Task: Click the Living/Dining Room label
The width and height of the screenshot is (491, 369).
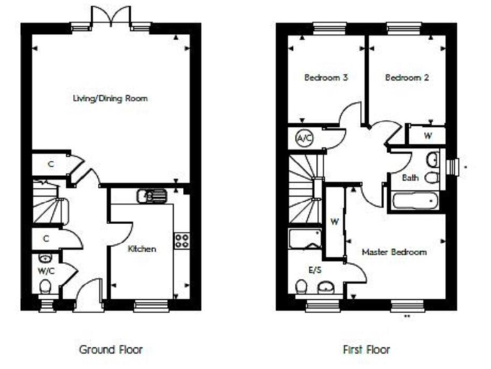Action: tap(110, 99)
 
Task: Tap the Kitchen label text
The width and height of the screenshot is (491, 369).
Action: tap(141, 249)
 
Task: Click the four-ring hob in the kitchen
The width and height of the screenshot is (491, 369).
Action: tap(182, 240)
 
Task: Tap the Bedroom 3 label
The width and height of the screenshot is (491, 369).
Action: tap(325, 78)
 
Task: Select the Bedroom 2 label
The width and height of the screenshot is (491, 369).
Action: tap(407, 78)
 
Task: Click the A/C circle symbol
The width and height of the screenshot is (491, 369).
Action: tap(302, 137)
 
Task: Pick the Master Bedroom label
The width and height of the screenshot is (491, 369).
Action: tap(394, 252)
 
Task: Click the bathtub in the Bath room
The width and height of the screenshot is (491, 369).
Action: tap(416, 202)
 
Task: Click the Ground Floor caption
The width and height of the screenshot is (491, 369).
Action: tap(111, 350)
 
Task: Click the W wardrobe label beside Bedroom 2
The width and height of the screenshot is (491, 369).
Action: tap(427, 136)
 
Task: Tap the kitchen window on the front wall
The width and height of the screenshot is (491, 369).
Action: tap(149, 306)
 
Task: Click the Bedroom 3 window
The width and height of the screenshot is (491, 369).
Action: tap(330, 28)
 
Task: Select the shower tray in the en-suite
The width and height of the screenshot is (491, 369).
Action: tap(306, 240)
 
